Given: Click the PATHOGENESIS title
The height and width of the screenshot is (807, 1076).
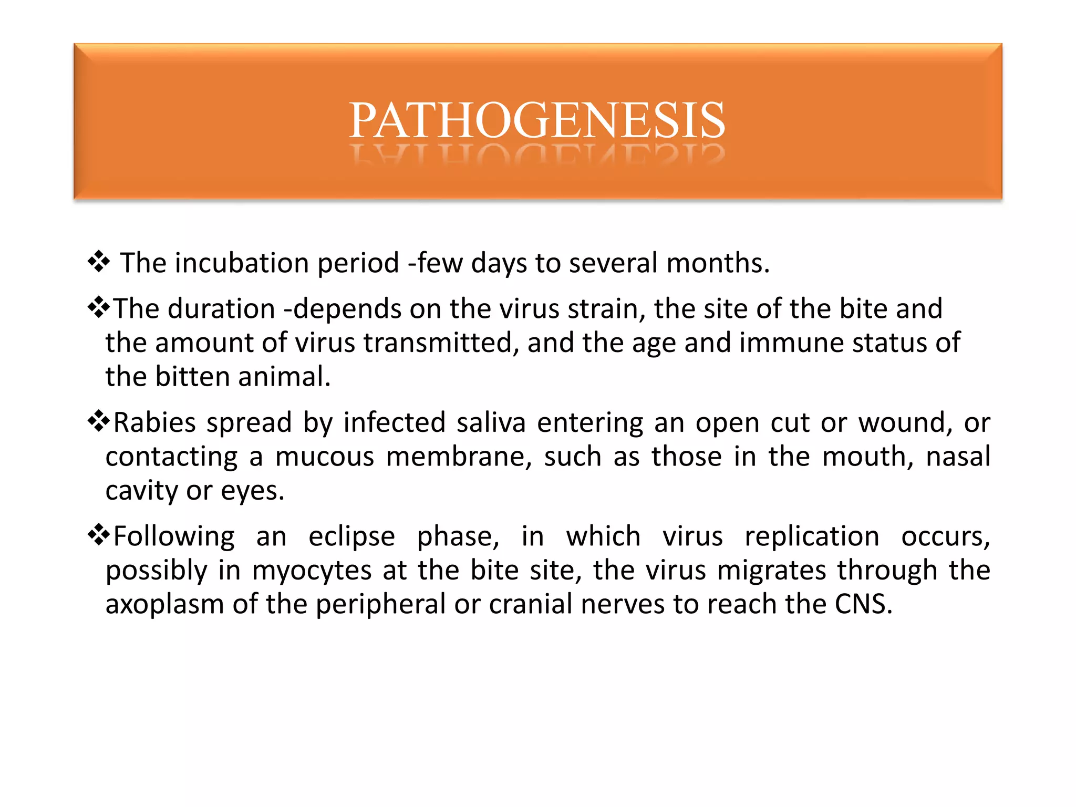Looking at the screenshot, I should (537, 120).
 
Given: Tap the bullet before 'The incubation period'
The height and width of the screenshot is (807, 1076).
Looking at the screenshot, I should (98, 262).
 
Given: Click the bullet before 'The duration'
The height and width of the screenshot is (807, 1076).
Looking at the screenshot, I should (98, 307).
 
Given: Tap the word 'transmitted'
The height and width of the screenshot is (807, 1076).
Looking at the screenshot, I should (437, 343).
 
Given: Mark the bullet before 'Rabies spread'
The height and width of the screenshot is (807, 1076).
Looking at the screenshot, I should (98, 421).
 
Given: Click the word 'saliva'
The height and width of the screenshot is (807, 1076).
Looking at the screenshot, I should (491, 422).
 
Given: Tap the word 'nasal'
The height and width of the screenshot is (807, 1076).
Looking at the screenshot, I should (958, 457).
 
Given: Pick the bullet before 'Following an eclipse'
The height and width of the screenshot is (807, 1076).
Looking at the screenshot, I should (98, 535).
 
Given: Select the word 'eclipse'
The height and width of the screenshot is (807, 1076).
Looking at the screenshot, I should (351, 537).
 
